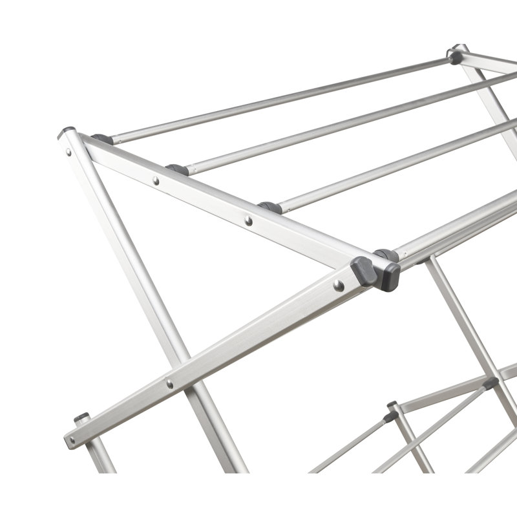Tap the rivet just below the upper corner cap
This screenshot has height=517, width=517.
(69, 153)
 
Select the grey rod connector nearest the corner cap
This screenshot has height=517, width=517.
(102, 138)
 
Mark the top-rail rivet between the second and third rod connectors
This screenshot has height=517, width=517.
(248, 220)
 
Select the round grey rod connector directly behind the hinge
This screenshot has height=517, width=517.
(386, 255)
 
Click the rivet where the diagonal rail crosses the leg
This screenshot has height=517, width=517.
(169, 384)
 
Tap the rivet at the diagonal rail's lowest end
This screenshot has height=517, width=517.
(71, 441)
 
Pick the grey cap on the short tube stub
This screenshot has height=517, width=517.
(81, 417)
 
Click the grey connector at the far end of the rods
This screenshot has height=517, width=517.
(456, 56)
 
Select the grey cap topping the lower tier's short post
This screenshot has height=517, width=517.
(392, 405)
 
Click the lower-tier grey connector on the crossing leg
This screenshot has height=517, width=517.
(491, 383)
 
